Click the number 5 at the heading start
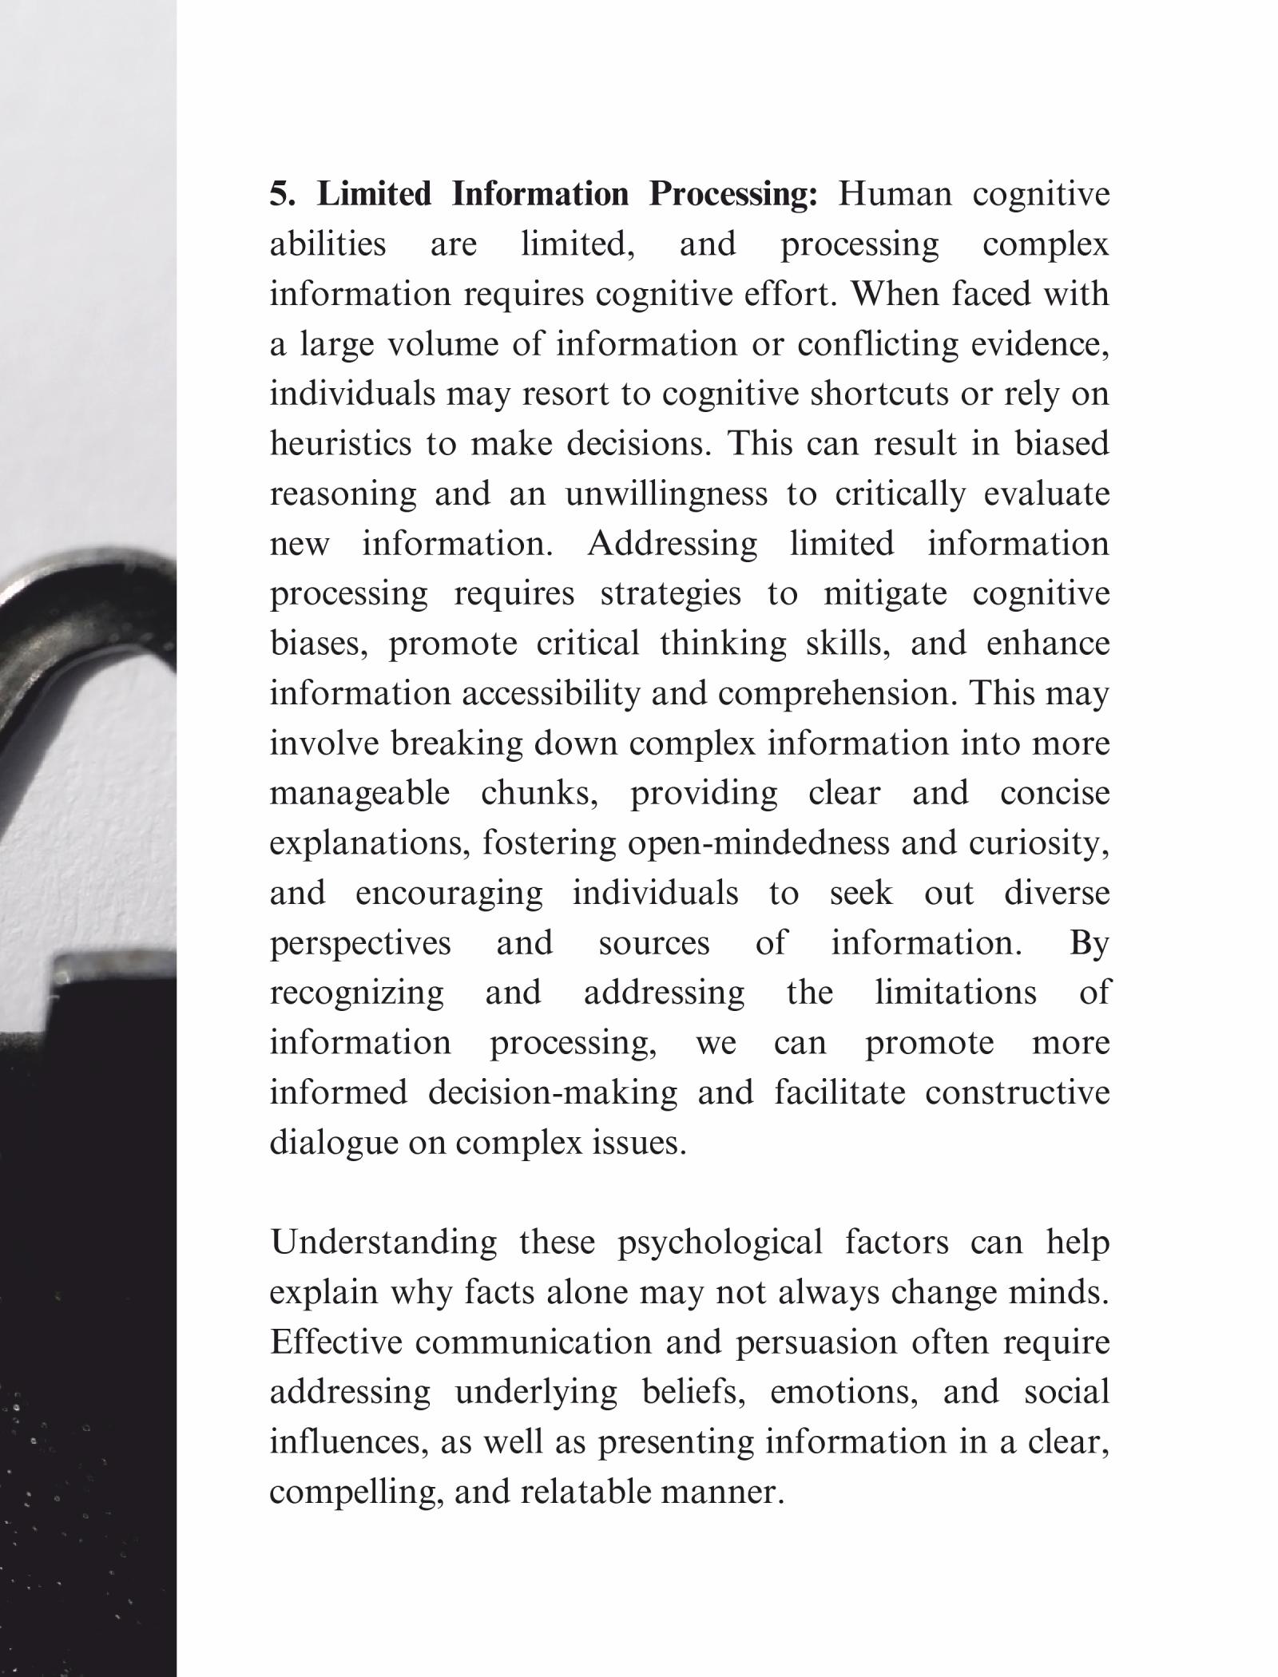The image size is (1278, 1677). click(x=280, y=194)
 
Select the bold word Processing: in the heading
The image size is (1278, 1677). click(x=732, y=194)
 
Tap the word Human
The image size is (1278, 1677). click(x=895, y=194)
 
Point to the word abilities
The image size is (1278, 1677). click(x=327, y=244)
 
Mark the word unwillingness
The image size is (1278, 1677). click(x=666, y=494)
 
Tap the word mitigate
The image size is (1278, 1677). click(x=884, y=593)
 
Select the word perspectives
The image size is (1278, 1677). click(x=360, y=943)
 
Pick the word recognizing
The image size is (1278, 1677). click(x=356, y=993)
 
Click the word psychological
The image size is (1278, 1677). click(x=720, y=1243)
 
